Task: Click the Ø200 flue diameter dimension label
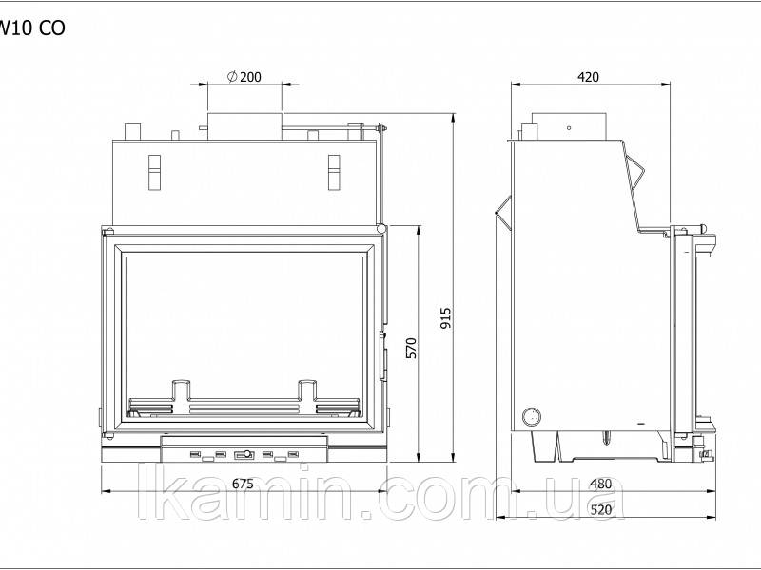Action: (244, 77)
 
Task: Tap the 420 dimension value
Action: (588, 77)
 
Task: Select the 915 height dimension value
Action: (445, 318)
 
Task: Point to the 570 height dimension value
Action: (411, 348)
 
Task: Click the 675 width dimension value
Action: (243, 484)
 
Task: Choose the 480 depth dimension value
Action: (601, 484)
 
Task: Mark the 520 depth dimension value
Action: (601, 509)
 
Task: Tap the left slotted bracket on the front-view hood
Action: (154, 173)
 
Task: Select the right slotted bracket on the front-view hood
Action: (334, 173)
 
